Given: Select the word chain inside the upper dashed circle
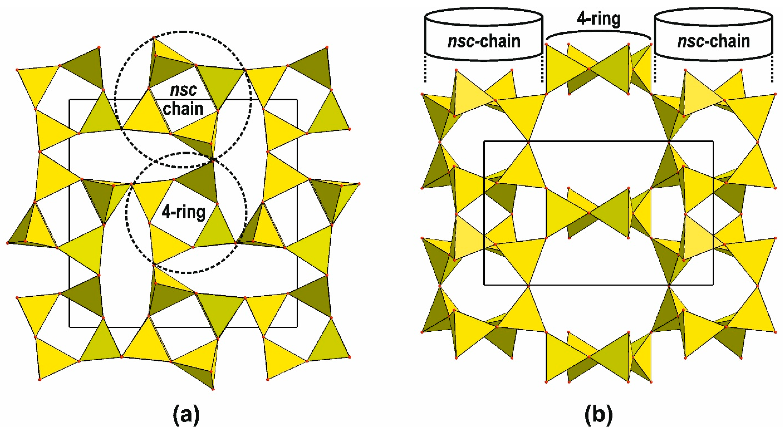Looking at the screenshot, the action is click(183, 109).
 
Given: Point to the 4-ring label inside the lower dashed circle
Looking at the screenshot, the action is click(184, 212).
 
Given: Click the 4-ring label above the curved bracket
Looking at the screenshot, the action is click(599, 19).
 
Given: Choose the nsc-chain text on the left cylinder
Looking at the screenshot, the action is click(484, 41).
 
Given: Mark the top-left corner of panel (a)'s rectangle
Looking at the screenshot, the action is click(70, 99).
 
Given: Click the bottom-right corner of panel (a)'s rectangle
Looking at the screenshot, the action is click(297, 327).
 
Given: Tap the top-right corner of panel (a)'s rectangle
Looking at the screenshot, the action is click(297, 99).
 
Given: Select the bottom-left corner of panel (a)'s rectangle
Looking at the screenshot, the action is click(70, 327).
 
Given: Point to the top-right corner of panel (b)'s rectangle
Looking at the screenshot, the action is click(713, 141).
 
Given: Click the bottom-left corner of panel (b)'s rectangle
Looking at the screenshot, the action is click(484, 285).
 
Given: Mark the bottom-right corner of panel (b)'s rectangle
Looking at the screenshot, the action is click(713, 285).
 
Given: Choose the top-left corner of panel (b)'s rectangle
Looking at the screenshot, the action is click(484, 141).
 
